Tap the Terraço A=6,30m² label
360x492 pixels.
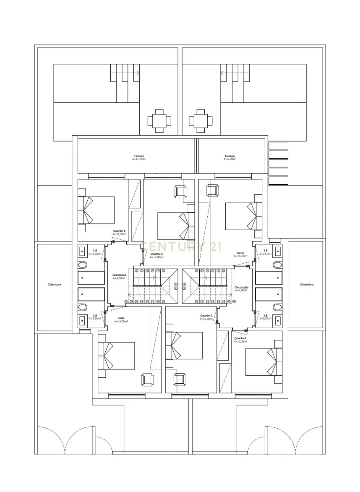point(230,158)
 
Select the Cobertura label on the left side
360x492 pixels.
point(54,285)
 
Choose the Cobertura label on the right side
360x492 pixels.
point(307,285)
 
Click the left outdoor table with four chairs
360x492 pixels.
point(159,121)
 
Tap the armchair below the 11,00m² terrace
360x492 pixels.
point(181,191)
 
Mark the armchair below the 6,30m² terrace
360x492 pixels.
point(212,191)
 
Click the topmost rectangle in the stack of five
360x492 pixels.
point(278,146)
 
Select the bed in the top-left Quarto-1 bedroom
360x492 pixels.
point(97,210)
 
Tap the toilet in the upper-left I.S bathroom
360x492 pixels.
point(83,265)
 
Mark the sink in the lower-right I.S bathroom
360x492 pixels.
point(277,321)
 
